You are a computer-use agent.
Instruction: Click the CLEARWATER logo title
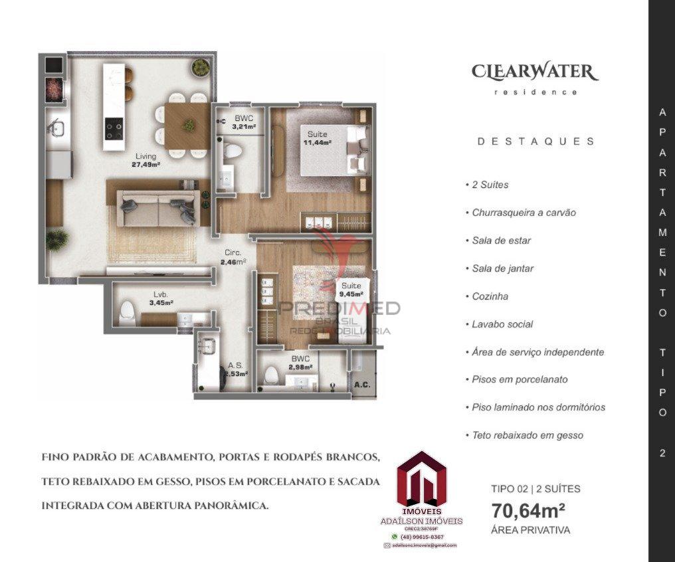coord(535,72)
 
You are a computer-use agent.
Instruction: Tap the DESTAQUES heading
coord(535,141)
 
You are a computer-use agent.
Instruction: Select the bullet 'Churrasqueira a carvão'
coord(524,213)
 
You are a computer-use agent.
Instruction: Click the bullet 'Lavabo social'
coord(502,324)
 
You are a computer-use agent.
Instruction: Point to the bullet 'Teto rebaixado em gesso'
coord(528,436)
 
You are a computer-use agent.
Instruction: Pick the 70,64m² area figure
coord(528,511)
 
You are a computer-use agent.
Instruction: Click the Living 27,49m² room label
coord(145,161)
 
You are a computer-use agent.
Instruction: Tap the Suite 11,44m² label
coord(317,138)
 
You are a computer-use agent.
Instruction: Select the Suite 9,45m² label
coord(351,290)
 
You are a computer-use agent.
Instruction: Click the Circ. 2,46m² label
coord(233,257)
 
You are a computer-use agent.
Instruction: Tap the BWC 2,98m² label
coord(300,363)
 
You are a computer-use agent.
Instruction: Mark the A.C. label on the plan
coord(362,385)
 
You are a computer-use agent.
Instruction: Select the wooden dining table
coord(188,125)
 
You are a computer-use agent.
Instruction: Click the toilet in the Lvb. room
coord(127,313)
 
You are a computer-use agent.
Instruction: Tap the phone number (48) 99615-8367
coord(422,536)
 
